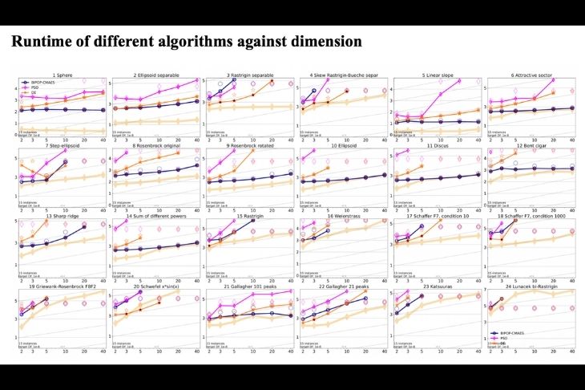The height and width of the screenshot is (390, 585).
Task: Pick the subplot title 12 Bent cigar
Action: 534,147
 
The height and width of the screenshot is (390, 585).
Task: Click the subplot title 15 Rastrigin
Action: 250,217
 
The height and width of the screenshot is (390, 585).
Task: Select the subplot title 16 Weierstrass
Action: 345,217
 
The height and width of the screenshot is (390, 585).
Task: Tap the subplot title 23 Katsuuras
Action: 438,286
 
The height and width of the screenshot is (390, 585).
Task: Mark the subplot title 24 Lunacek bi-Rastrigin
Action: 534,286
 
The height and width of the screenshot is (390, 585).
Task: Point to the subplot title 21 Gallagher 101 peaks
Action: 250,286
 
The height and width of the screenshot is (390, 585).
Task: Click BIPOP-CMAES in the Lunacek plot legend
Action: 512,332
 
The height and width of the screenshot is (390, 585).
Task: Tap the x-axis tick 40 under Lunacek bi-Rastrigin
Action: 571,351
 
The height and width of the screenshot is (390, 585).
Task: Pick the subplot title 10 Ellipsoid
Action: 345,147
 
